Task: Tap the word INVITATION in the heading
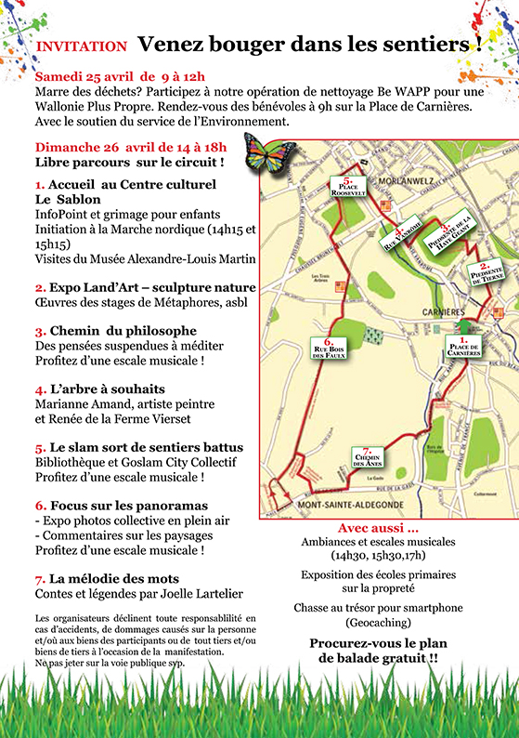click(x=81, y=45)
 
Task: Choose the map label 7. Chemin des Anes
click(x=369, y=457)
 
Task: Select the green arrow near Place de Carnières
click(x=461, y=323)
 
